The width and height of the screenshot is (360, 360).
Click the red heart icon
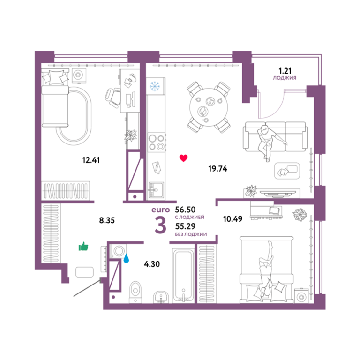point(183,158)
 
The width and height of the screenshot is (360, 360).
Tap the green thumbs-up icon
point(83,247)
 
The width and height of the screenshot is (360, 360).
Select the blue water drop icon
point(126,258)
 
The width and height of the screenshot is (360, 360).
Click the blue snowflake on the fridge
point(155,86)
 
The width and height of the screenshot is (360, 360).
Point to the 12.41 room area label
point(91,160)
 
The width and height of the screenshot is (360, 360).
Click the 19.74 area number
point(218,169)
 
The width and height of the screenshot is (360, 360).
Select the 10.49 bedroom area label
point(233,219)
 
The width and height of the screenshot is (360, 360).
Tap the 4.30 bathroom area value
point(152,264)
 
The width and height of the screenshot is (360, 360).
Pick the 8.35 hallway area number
point(107,220)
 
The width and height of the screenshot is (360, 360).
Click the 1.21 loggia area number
point(285,71)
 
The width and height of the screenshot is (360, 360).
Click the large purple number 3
point(160,225)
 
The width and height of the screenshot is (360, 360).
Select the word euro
point(160,210)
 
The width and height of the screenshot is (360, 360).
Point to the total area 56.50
point(185,210)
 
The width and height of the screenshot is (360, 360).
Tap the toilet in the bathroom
point(135,292)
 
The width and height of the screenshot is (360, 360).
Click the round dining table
point(209,107)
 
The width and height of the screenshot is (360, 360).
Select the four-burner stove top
point(157,142)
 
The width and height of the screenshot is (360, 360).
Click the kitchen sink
point(157,190)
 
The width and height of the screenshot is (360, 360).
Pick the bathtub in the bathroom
point(183,276)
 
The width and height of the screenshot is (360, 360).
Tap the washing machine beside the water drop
point(119,251)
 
